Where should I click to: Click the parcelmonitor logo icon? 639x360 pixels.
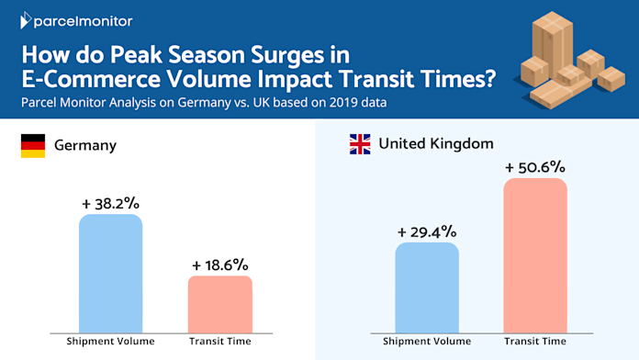(x=26, y=20)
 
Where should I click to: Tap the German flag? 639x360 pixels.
(x=33, y=145)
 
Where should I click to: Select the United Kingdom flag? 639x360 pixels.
(x=360, y=144)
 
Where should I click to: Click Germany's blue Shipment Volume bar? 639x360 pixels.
(x=110, y=274)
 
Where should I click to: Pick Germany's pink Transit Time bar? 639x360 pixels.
(x=220, y=305)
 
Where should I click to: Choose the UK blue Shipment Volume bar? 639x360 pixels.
(x=427, y=287)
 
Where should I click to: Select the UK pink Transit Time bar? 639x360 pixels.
(x=535, y=255)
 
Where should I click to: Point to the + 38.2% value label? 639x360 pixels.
(x=110, y=204)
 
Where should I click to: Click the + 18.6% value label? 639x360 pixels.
(x=220, y=265)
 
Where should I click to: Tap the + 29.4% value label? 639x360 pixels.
(x=427, y=232)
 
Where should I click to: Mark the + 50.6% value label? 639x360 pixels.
(x=535, y=167)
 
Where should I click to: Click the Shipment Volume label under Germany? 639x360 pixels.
(x=110, y=342)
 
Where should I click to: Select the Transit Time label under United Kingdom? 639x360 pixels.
(x=535, y=342)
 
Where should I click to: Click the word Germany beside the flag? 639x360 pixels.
(x=85, y=145)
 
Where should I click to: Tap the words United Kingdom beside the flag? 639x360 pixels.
(x=436, y=143)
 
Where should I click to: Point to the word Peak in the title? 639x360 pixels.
(x=137, y=54)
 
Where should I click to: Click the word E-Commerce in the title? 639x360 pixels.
(x=91, y=79)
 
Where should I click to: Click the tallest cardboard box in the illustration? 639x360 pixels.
(x=552, y=45)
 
